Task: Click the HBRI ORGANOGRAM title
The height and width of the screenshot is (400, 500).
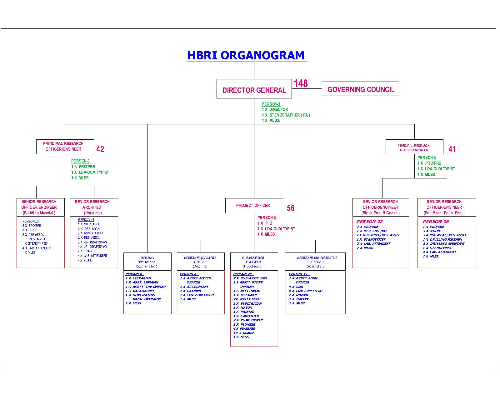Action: tap(246, 55)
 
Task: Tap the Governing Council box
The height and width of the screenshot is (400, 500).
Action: tap(361, 89)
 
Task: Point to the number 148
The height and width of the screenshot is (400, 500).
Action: tap(301, 83)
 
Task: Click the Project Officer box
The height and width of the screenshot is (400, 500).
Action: tap(254, 205)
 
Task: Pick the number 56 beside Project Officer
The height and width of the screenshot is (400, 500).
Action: tap(291, 208)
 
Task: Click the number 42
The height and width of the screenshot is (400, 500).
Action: tap(100, 149)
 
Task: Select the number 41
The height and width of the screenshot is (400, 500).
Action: tap(452, 149)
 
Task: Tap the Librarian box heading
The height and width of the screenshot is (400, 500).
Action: tap(147, 262)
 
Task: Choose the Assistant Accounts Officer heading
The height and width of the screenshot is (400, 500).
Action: tap(200, 262)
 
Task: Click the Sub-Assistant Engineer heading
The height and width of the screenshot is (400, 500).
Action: tap(254, 262)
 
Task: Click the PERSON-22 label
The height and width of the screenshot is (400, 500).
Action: tap(370, 222)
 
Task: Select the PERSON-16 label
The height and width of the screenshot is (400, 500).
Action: tap(436, 222)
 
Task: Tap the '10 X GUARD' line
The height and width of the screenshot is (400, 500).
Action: tap(243, 333)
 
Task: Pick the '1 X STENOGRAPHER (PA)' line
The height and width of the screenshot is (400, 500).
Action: tap(286, 115)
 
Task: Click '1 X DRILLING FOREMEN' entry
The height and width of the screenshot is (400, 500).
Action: tap(442, 239)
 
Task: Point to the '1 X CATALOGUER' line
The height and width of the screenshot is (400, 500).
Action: tap(140, 291)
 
